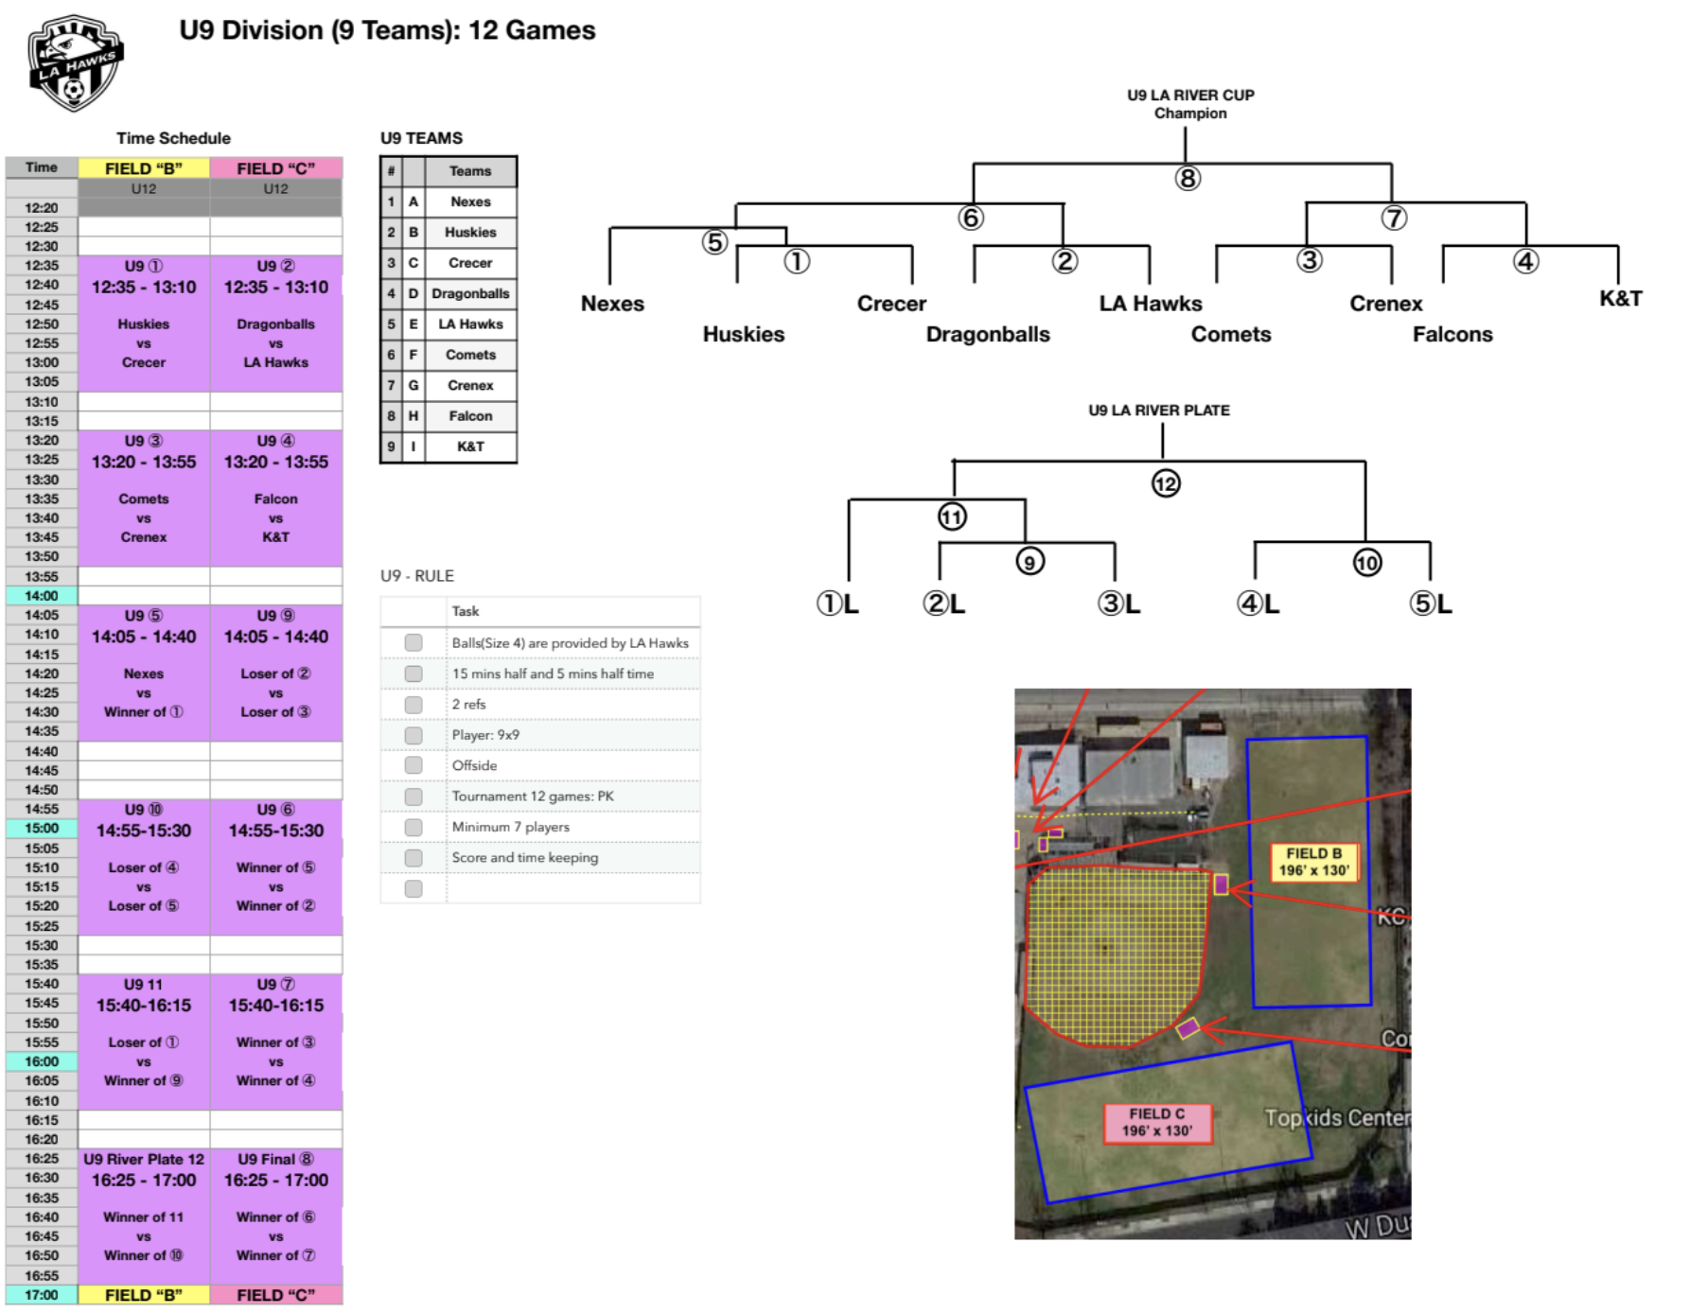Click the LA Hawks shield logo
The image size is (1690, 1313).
76,63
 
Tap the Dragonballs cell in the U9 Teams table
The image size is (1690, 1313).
470,293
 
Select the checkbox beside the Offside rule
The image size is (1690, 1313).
414,765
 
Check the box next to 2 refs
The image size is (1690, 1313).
414,705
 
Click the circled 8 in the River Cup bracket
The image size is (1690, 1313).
1188,178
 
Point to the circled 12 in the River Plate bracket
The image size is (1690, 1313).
1166,483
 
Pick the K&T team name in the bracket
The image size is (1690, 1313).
1621,299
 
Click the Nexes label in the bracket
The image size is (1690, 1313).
612,304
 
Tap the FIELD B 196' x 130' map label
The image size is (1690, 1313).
1313,862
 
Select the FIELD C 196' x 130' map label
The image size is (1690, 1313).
1157,1123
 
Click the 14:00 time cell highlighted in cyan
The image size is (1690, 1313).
42,596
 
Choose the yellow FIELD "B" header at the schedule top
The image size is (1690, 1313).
144,168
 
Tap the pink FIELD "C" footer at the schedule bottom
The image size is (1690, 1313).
276,1295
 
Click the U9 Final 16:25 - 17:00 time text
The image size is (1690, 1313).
276,1181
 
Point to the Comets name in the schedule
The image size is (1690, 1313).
144,499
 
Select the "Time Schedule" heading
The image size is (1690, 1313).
173,138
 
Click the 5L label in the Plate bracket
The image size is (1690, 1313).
1431,604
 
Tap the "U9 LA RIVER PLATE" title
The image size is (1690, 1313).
1159,411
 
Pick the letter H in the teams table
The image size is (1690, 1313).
414,416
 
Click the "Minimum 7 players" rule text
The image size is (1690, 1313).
511,827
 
